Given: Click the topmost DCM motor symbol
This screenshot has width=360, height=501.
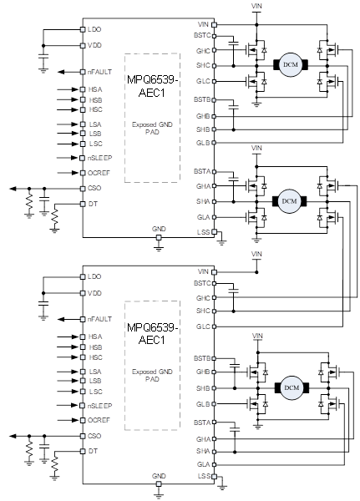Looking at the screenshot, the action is [291, 64].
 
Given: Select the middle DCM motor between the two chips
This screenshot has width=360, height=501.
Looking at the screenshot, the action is [289, 201].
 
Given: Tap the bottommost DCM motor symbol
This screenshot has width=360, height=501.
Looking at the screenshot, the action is [292, 387].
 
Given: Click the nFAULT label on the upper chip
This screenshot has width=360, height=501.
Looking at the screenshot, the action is [99, 72].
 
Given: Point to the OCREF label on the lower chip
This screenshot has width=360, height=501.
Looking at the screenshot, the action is [99, 420].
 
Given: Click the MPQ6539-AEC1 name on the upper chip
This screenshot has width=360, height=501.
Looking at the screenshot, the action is [152, 86].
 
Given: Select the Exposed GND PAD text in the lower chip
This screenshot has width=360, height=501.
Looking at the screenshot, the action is [152, 376].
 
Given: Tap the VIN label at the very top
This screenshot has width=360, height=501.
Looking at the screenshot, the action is [256, 6].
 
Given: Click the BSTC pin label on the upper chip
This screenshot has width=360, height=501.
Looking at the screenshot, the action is [202, 35].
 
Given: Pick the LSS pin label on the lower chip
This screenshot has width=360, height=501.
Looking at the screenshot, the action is [204, 476].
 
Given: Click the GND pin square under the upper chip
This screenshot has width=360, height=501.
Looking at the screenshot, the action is [159, 237].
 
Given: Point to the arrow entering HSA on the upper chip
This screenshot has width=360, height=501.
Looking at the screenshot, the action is [68, 89].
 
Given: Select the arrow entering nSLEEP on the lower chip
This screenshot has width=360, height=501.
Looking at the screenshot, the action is [68, 406].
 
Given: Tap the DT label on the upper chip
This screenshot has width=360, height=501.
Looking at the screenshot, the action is [93, 204].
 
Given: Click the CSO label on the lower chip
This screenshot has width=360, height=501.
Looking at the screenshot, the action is [94, 436].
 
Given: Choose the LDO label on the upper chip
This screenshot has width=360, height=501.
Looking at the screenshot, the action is [94, 29].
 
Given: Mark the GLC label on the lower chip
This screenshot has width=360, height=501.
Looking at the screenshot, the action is [203, 326].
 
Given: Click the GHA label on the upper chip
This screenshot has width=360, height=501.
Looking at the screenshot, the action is [203, 186].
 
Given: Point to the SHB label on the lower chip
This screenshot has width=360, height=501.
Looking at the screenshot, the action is [203, 388].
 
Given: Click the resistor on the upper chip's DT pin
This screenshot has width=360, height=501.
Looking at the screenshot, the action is [54, 216].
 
